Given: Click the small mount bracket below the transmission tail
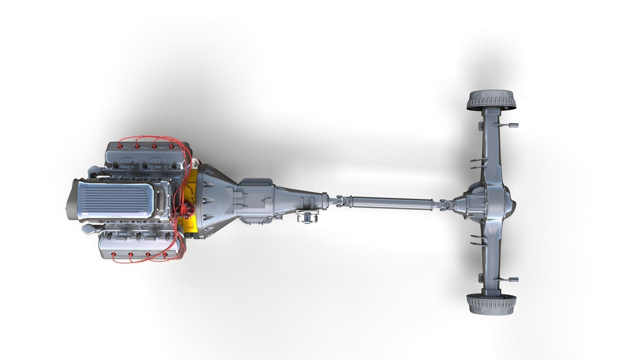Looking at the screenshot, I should (308, 218).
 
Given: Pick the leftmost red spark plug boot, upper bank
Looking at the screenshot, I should (120, 146).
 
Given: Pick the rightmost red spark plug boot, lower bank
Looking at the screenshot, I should (165, 256).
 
